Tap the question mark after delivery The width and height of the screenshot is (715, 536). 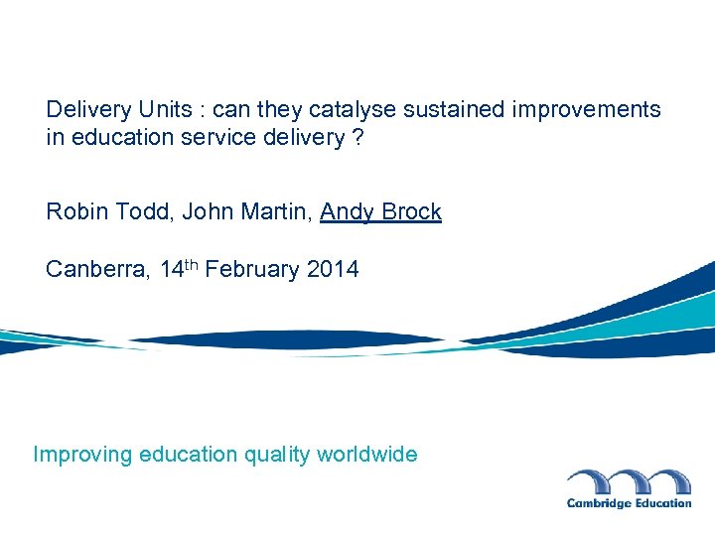(357, 138)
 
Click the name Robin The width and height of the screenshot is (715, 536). (75, 212)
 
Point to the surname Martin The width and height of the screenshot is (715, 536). (274, 212)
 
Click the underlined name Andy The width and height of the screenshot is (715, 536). (347, 212)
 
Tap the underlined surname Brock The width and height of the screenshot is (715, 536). (411, 212)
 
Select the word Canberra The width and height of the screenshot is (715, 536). (96, 270)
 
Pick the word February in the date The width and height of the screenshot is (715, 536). (252, 270)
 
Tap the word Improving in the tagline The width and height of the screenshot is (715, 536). (82, 456)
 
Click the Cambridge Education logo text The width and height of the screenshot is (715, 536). (629, 503)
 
